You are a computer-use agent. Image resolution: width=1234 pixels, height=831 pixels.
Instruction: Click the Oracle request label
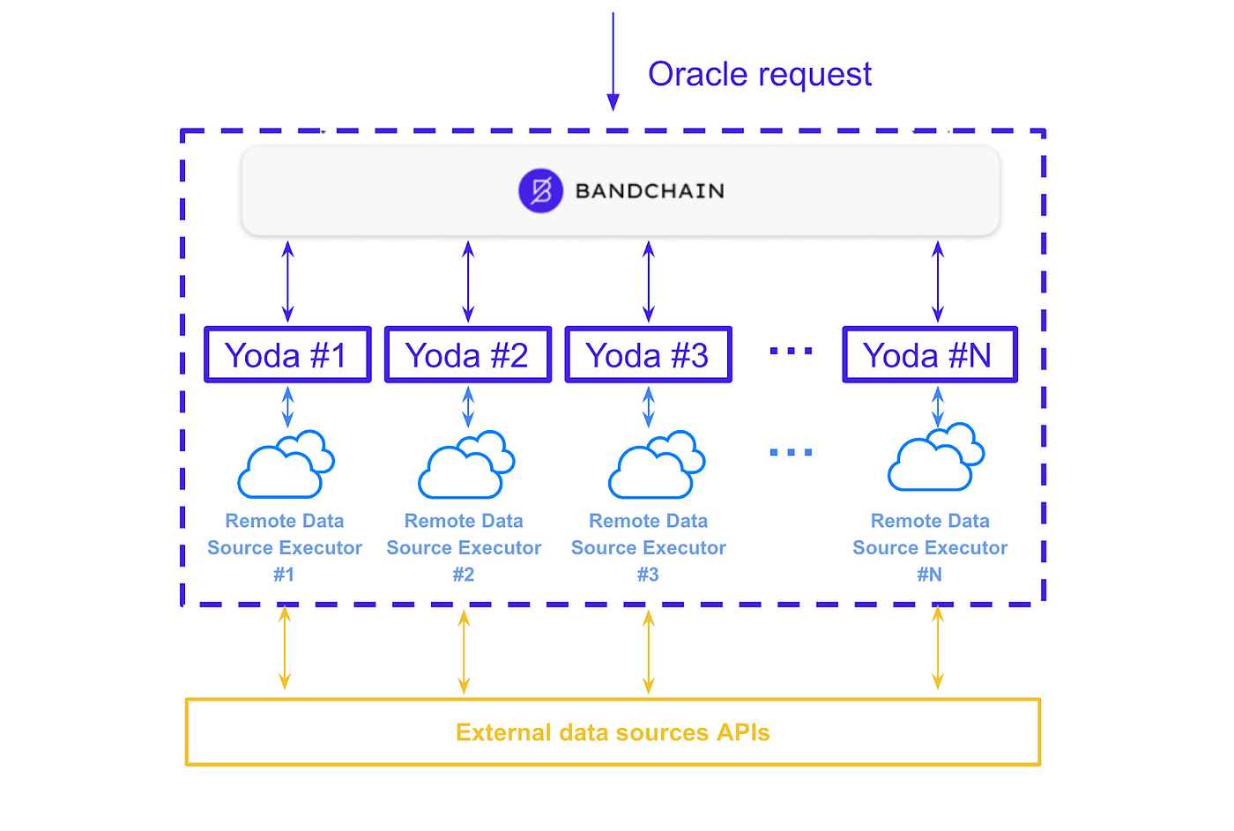coord(759,74)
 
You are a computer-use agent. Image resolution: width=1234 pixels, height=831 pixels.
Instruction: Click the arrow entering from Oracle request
coord(613,62)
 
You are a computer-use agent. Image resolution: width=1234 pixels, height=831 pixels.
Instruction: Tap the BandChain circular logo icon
coord(540,190)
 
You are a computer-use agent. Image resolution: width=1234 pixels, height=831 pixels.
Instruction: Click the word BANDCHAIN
coord(650,191)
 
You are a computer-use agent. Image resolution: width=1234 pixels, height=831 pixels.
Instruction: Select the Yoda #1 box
coord(287,355)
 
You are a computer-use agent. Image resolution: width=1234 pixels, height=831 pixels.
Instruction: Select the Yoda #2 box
coord(468,355)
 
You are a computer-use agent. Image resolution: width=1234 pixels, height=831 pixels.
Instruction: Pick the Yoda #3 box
coord(648,355)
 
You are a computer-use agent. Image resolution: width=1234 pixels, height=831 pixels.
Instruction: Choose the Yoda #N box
coord(930,355)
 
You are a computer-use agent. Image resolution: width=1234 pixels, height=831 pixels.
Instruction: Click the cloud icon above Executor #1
coord(286,464)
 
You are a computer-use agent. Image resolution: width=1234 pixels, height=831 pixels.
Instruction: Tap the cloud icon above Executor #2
coord(466,464)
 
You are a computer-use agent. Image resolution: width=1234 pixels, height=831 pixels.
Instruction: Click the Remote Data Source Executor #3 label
coord(648,547)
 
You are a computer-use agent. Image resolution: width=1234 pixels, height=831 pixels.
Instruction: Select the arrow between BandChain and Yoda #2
coord(468,282)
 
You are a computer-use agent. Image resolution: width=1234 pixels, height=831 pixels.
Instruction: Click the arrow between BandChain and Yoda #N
coord(938,282)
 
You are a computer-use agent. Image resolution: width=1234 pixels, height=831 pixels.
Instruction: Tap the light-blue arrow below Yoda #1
coord(287,407)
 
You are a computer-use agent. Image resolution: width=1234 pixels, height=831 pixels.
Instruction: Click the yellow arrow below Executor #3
coord(648,652)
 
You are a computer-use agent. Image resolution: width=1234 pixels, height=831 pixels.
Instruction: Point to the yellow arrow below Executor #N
coord(938,649)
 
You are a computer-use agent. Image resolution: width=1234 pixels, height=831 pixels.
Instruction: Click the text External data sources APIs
coord(613,732)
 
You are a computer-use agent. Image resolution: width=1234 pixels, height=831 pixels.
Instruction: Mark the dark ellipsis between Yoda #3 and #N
coord(791,351)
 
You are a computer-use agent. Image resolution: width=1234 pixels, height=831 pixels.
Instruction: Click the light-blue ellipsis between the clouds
coord(791,452)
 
